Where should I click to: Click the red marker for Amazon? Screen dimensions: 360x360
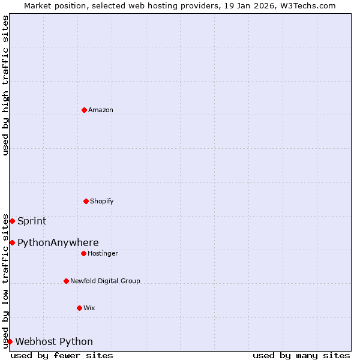click(84, 110)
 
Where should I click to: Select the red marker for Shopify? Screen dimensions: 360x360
click(86, 201)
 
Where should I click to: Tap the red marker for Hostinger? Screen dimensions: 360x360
click(83, 253)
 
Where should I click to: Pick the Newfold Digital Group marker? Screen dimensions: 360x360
click(66, 281)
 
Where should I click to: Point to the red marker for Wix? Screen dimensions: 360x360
click(79, 308)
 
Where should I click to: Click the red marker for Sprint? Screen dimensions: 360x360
click(12, 221)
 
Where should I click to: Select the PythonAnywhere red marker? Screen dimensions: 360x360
click(12, 242)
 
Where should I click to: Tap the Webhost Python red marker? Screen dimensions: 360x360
click(10, 341)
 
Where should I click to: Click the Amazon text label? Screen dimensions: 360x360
click(101, 110)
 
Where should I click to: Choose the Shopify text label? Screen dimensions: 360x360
click(102, 201)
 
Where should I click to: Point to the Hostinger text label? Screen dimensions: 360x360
click(103, 253)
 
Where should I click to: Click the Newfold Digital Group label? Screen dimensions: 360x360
click(105, 281)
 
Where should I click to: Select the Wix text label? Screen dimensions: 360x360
click(89, 308)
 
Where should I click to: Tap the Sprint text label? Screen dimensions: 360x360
click(32, 221)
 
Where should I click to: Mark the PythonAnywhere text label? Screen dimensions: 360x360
click(58, 242)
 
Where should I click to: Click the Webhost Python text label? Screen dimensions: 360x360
click(54, 341)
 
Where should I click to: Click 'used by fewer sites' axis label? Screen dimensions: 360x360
click(62, 355)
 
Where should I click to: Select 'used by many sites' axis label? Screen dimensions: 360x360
click(301, 355)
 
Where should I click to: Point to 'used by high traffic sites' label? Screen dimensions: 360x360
click(5, 85)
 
